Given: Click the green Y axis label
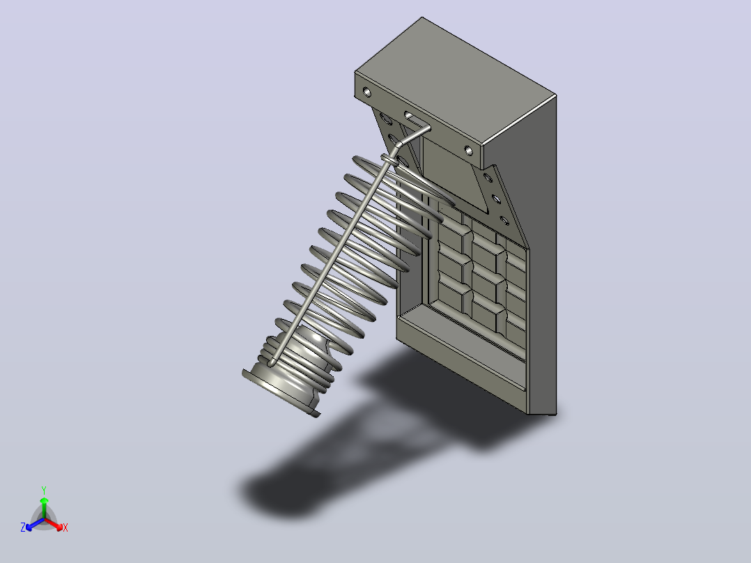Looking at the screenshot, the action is (44, 490).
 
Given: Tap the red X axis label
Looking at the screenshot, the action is (65, 527).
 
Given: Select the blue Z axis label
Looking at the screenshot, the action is (23, 527).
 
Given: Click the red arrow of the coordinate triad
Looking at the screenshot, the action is (54, 524).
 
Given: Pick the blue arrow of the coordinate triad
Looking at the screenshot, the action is (35, 524).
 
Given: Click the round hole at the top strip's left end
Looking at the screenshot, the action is (367, 91).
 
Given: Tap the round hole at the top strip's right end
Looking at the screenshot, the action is (468, 151).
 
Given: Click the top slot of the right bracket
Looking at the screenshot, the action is (488, 178).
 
